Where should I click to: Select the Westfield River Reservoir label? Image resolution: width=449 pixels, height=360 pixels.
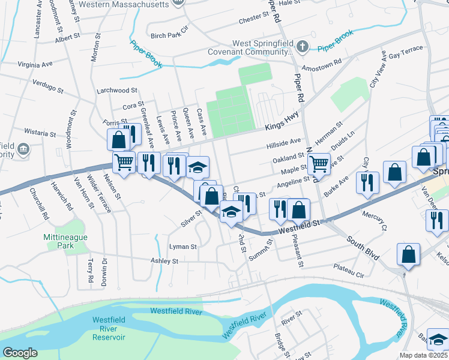109,328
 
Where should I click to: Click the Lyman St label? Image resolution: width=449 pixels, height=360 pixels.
183,247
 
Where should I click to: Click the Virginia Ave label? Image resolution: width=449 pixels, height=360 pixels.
35,63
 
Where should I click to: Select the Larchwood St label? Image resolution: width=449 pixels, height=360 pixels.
117,91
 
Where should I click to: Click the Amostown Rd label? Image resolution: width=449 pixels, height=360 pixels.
322,62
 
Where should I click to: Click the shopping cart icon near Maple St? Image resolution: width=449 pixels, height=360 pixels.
319,163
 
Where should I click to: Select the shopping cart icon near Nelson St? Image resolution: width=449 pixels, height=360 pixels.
124,162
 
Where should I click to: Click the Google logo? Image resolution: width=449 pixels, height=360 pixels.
20,352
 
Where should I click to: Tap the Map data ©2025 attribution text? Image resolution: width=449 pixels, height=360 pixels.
423,355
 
